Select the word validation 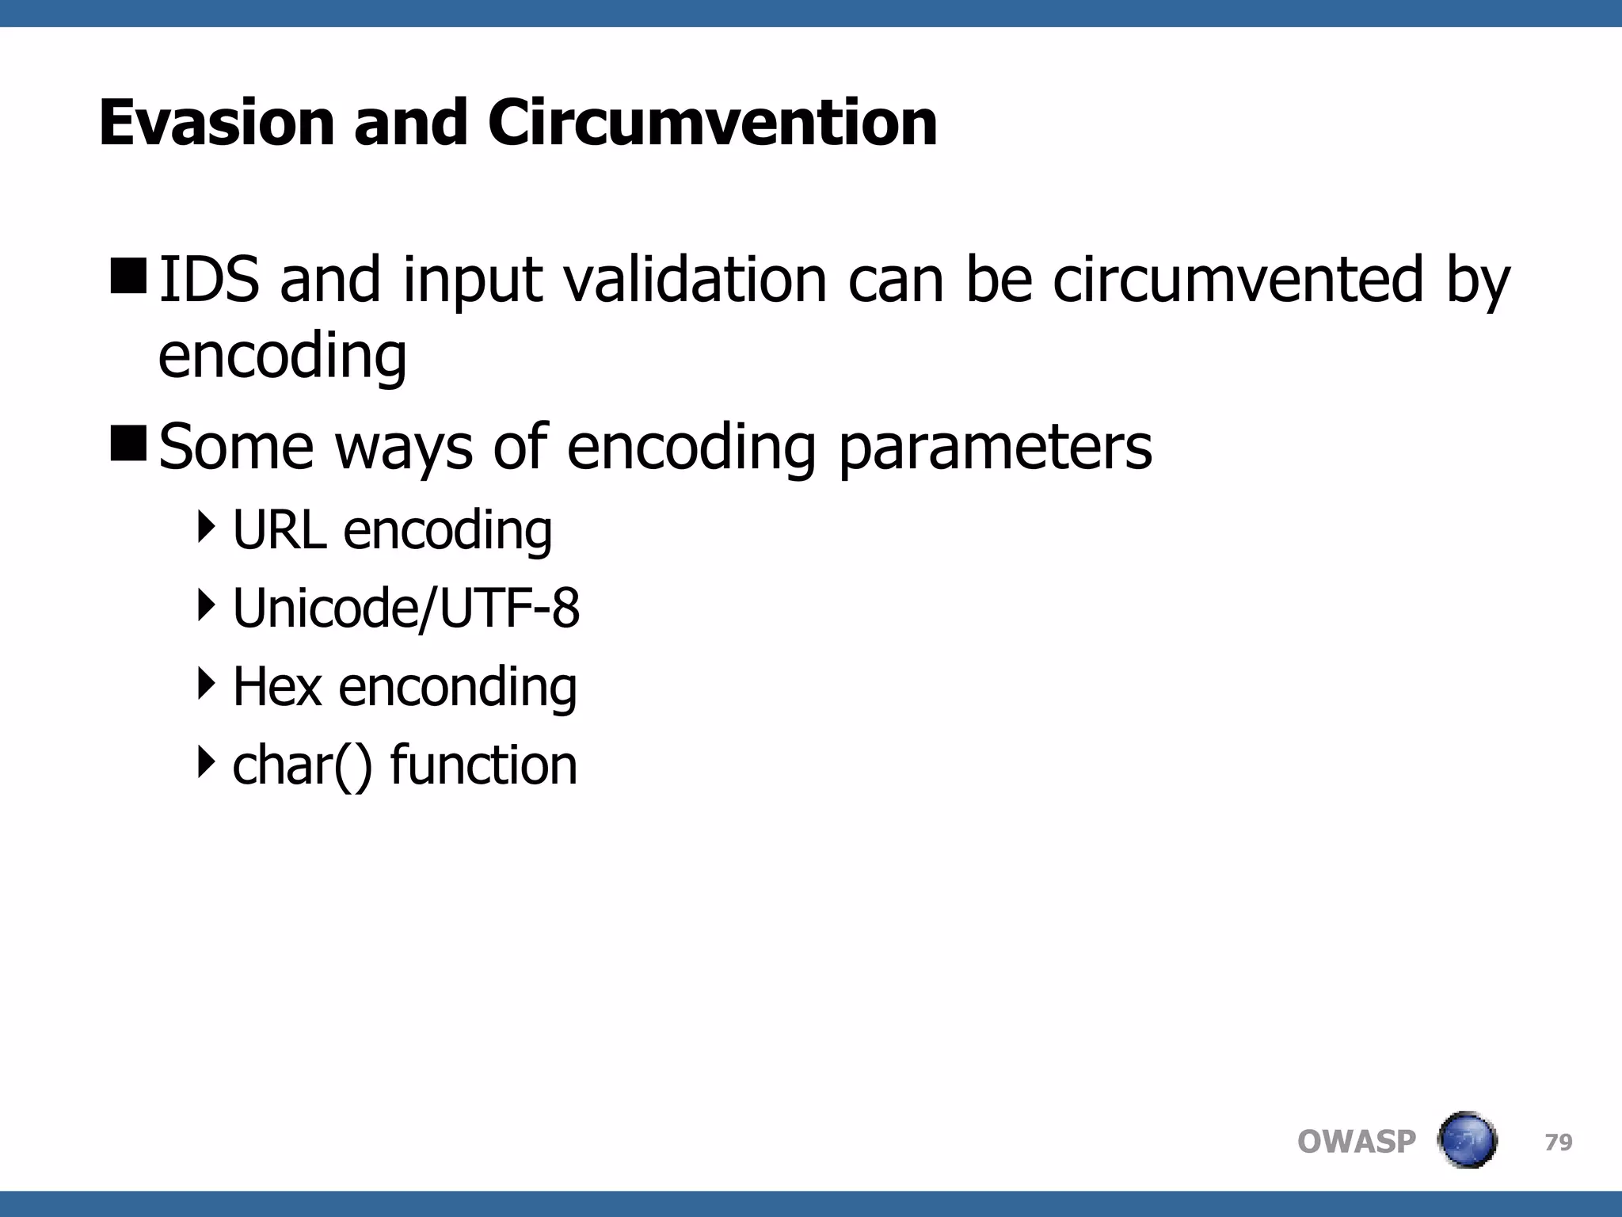pyautogui.click(x=695, y=279)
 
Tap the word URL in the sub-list pyautogui.click(x=279, y=529)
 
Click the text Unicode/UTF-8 pyautogui.click(x=405, y=608)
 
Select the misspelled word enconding pyautogui.click(x=457, y=687)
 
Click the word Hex pyautogui.click(x=276, y=686)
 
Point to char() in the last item pyautogui.click(x=302, y=765)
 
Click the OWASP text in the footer pyautogui.click(x=1356, y=1142)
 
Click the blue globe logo pyautogui.click(x=1467, y=1140)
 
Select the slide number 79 pyautogui.click(x=1558, y=1142)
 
